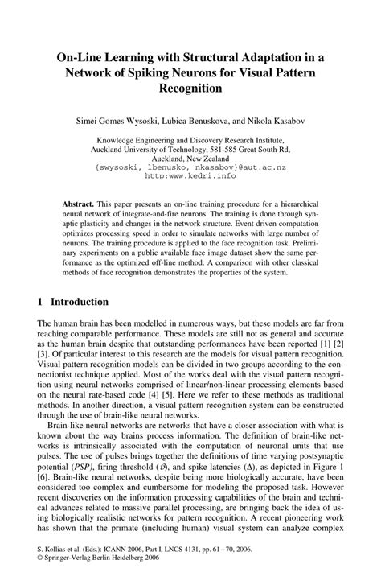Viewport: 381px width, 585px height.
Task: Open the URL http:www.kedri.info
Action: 190,178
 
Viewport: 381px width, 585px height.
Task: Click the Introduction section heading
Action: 79,302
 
